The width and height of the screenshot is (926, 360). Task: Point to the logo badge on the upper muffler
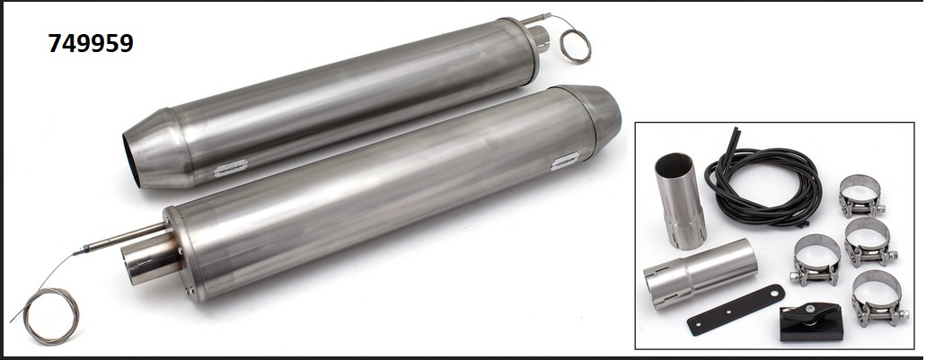(x=230, y=168)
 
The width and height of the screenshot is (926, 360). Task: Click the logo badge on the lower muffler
(x=565, y=161)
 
